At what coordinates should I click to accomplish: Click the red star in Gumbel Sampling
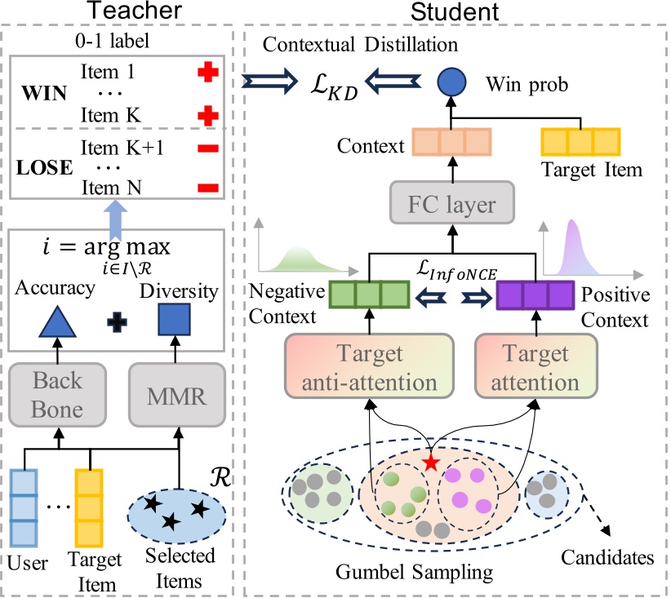[x=430, y=463]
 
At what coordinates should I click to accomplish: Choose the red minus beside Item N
[x=209, y=189]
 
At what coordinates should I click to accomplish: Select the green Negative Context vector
[x=368, y=294]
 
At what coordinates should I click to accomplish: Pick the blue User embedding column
[x=24, y=509]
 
